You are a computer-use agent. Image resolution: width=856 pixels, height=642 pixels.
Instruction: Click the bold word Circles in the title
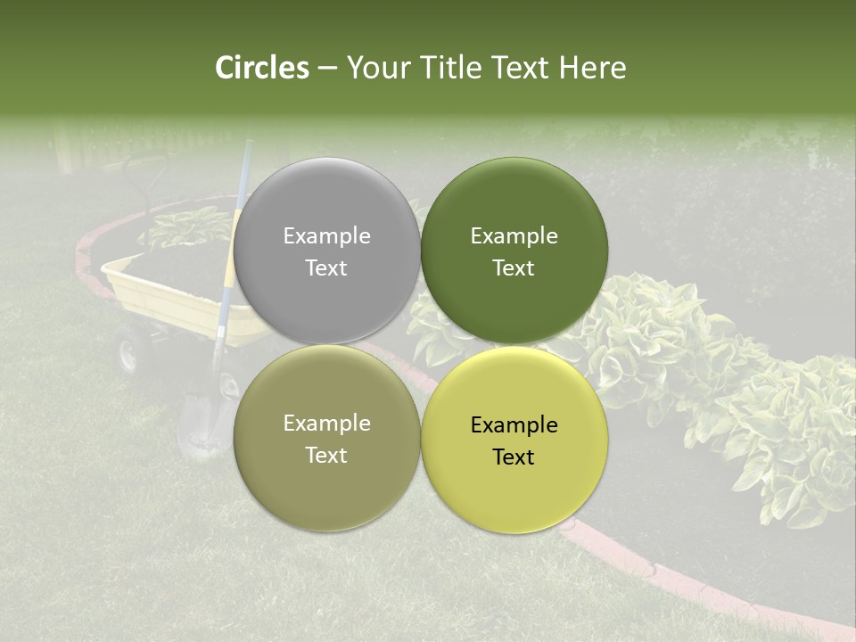click(x=262, y=68)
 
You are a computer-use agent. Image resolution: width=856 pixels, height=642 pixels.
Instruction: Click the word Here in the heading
click(x=592, y=68)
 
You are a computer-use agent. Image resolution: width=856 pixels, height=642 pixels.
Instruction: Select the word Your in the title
click(x=376, y=68)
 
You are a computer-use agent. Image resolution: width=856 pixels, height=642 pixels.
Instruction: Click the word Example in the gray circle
click(x=326, y=236)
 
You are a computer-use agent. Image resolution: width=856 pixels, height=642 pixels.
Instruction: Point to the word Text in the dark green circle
click(x=514, y=267)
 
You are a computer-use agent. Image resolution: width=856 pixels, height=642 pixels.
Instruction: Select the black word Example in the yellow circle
click(x=514, y=425)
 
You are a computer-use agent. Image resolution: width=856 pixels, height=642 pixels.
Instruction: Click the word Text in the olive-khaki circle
click(x=326, y=455)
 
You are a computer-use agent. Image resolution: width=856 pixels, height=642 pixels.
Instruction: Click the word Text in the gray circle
click(x=326, y=267)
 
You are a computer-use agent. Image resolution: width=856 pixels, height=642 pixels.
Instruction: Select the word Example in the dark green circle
click(x=514, y=236)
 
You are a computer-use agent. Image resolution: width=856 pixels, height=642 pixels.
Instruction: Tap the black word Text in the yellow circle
click(x=514, y=457)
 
